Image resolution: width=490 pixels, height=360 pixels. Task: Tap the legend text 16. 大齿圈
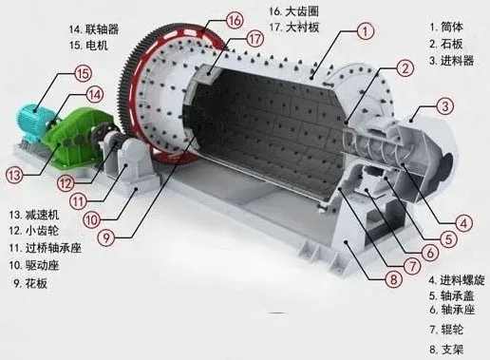[294, 10]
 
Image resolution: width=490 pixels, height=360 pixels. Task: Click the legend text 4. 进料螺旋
[459, 280]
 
